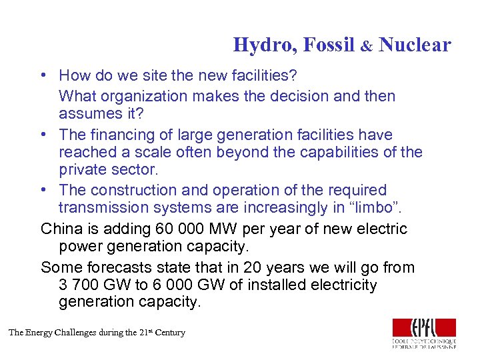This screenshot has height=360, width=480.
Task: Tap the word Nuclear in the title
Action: [415, 45]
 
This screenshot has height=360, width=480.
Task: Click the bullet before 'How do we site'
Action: [42, 76]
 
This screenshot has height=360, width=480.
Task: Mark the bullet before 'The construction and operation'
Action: [42, 191]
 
